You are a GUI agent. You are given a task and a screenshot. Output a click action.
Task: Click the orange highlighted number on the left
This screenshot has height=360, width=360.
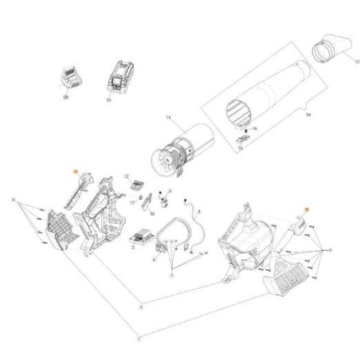74,171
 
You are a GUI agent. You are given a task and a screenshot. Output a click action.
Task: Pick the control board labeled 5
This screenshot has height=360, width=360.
146,238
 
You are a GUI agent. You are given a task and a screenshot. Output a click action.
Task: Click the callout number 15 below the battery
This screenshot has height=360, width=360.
108,100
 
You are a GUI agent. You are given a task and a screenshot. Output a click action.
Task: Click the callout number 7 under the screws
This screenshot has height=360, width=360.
172,274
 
